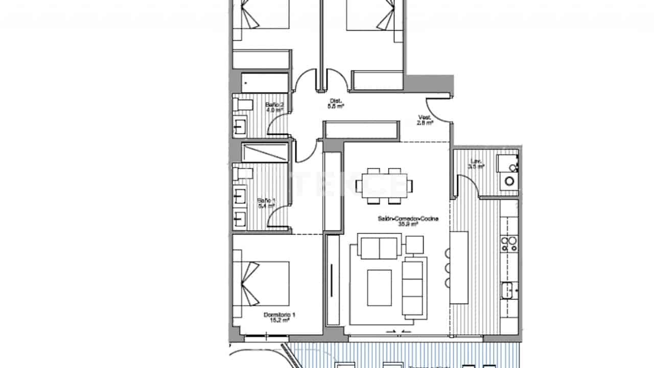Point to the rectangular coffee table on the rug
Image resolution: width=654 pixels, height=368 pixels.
pos(379,287)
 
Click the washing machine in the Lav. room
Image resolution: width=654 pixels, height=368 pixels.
pos(509,180)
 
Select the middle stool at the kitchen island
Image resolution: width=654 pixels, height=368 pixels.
pos(448,268)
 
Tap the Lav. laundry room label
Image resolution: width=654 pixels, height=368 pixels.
pos(476,164)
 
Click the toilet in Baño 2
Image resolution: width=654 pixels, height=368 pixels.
pos(243,104)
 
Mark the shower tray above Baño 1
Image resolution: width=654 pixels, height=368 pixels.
pos(265,152)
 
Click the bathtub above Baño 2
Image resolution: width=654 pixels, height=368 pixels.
pos(265,82)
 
